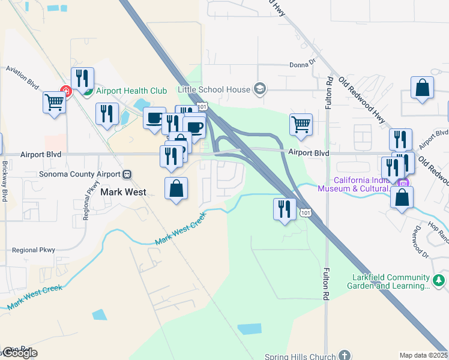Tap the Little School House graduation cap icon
pyautogui.click(x=259, y=89)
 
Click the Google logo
pyautogui.click(x=19, y=353)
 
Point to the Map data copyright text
pyautogui.click(x=424, y=355)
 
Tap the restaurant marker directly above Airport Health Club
pyautogui.click(x=82, y=78)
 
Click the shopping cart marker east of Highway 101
pyautogui.click(x=301, y=124)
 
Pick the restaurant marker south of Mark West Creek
pyautogui.click(x=284, y=208)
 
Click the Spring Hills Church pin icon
pyautogui.click(x=344, y=356)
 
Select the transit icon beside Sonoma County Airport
pyautogui.click(x=127, y=175)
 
